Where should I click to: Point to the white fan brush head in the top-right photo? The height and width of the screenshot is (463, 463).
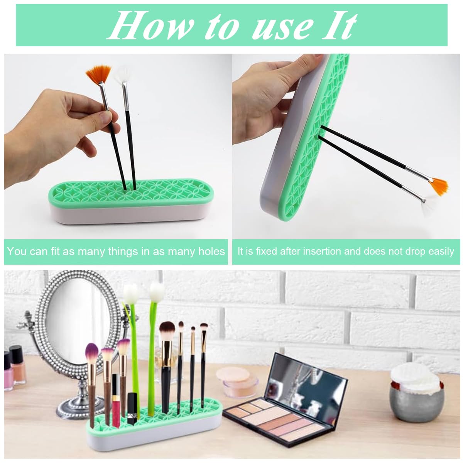pos(427,208)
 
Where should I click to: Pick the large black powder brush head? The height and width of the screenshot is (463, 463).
pos(167,330)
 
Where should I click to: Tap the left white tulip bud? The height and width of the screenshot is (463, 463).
pos(131,293)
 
